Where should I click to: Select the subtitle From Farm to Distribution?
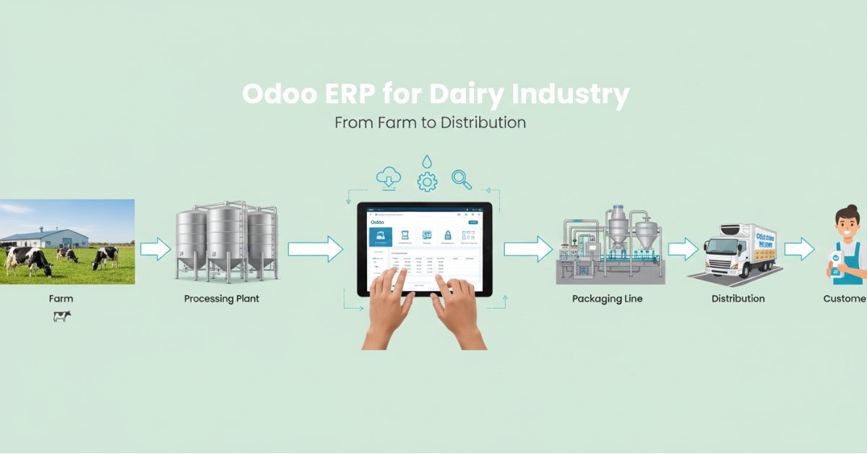(x=430, y=122)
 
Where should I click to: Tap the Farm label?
(x=61, y=298)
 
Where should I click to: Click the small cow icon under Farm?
(x=62, y=316)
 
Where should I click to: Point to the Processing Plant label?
(x=221, y=298)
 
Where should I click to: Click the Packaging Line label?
(x=607, y=298)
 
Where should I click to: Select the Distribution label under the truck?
(x=738, y=298)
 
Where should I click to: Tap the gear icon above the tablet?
(x=427, y=181)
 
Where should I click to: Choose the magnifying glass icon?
(x=461, y=178)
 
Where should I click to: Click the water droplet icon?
(x=428, y=160)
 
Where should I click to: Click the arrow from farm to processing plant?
(x=155, y=250)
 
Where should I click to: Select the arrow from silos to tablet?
(x=315, y=249)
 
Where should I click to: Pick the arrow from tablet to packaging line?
(x=527, y=249)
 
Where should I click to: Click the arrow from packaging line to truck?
(x=683, y=249)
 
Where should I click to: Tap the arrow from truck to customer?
(x=799, y=249)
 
